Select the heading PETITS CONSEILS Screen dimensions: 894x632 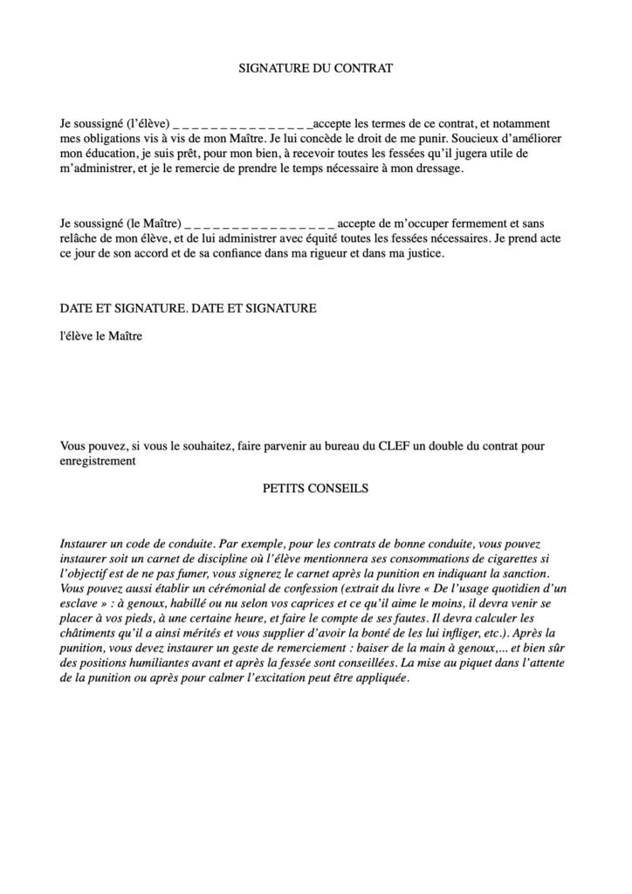(316, 489)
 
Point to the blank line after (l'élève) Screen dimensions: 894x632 (249, 125)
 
